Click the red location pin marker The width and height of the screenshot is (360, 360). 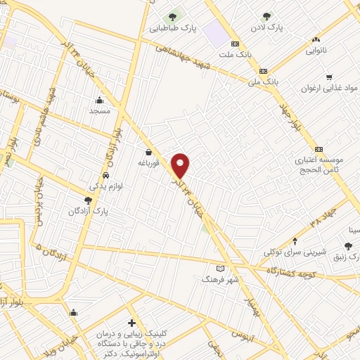pyautogui.click(x=181, y=165)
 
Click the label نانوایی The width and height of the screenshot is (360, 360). pyautogui.click(x=319, y=51)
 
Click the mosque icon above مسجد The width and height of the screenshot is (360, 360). pyautogui.click(x=99, y=100)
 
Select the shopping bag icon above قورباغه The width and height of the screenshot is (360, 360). pyautogui.click(x=148, y=152)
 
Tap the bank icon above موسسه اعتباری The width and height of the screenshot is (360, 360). pyautogui.click(x=319, y=149)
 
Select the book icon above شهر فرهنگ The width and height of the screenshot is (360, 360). pyautogui.click(x=221, y=268)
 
